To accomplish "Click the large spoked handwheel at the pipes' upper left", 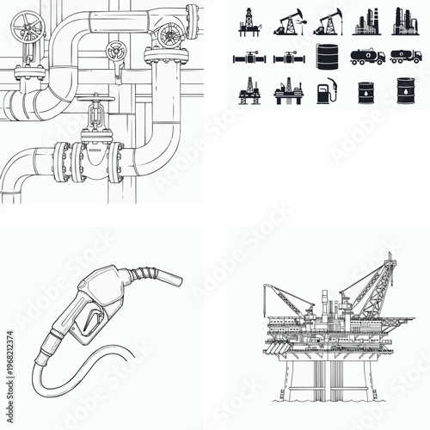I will [x=33, y=29].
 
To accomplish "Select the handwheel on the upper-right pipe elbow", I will [x=169, y=35].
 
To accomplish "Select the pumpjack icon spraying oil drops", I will [x=327, y=21].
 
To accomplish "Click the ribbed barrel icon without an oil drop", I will [x=327, y=57].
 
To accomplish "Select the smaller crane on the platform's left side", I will [x=289, y=298].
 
